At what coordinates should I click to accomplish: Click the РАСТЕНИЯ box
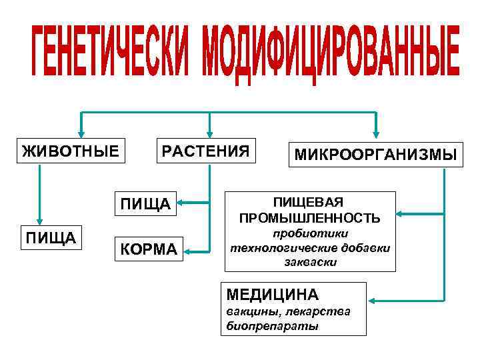205,151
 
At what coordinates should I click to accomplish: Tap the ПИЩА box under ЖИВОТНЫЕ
51,237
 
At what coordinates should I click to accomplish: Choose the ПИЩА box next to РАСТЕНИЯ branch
143,202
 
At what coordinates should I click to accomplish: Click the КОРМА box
148,249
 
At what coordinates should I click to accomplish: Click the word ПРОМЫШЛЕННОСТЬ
310,217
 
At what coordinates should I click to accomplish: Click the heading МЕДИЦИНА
273,294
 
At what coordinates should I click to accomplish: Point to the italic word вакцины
247,312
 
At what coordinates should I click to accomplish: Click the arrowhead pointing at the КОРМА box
189,251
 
